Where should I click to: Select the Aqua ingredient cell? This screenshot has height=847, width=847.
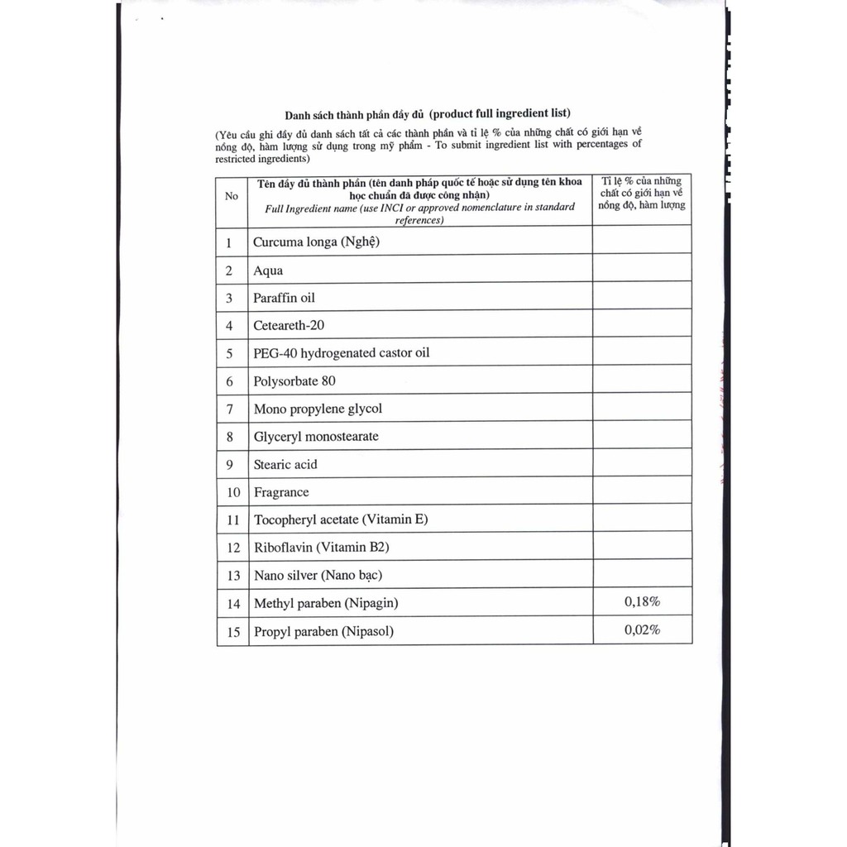pos(268,270)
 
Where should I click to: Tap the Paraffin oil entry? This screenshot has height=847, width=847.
pos(284,298)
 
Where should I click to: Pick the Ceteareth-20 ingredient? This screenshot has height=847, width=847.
pos(289,325)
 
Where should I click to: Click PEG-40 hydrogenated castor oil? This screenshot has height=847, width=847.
pos(342,353)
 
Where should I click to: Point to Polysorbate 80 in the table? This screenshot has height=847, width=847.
pos(294,381)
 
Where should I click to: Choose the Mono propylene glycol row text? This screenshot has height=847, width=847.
pos(318,409)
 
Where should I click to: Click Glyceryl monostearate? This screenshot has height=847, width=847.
pos(316,436)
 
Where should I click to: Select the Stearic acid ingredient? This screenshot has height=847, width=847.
pos(285,464)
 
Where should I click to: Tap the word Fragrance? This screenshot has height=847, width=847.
pos(281,492)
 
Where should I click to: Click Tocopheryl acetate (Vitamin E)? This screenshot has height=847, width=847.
pos(341,519)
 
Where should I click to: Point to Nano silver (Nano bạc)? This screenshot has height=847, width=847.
pos(318,575)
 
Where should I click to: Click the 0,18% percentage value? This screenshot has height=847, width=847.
pos(642,602)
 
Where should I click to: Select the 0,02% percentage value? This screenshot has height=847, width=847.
pos(642,630)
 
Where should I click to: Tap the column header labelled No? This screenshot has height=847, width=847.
pos(232,196)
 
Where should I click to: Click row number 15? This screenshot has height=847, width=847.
pos(233,632)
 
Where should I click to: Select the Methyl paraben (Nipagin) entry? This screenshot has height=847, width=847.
pos(326,603)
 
